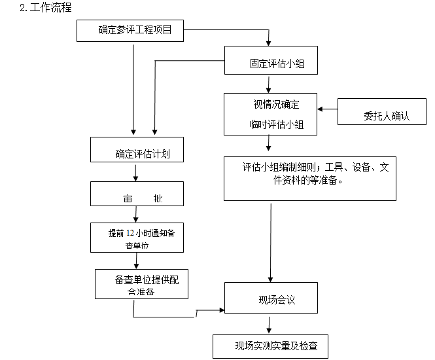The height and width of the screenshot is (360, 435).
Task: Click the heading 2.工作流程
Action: [x=46, y=8]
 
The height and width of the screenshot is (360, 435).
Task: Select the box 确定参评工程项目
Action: [x=135, y=30]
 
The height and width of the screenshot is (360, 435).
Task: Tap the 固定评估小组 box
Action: [x=271, y=63]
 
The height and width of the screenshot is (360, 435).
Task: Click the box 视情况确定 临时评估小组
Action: [x=271, y=113]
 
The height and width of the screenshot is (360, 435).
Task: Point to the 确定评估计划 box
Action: [x=136, y=154]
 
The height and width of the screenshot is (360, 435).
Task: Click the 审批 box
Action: [x=136, y=196]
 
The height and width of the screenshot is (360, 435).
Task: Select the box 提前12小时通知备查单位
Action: [x=136, y=238]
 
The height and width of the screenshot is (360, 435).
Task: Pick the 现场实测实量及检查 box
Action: [x=271, y=346]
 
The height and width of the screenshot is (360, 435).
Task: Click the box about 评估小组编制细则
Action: [x=309, y=178]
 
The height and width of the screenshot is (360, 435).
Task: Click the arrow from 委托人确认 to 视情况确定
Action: [x=327, y=110]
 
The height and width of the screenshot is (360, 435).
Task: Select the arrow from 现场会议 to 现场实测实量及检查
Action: [x=268, y=325]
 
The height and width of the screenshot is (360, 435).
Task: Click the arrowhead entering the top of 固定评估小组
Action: [x=268, y=43]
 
